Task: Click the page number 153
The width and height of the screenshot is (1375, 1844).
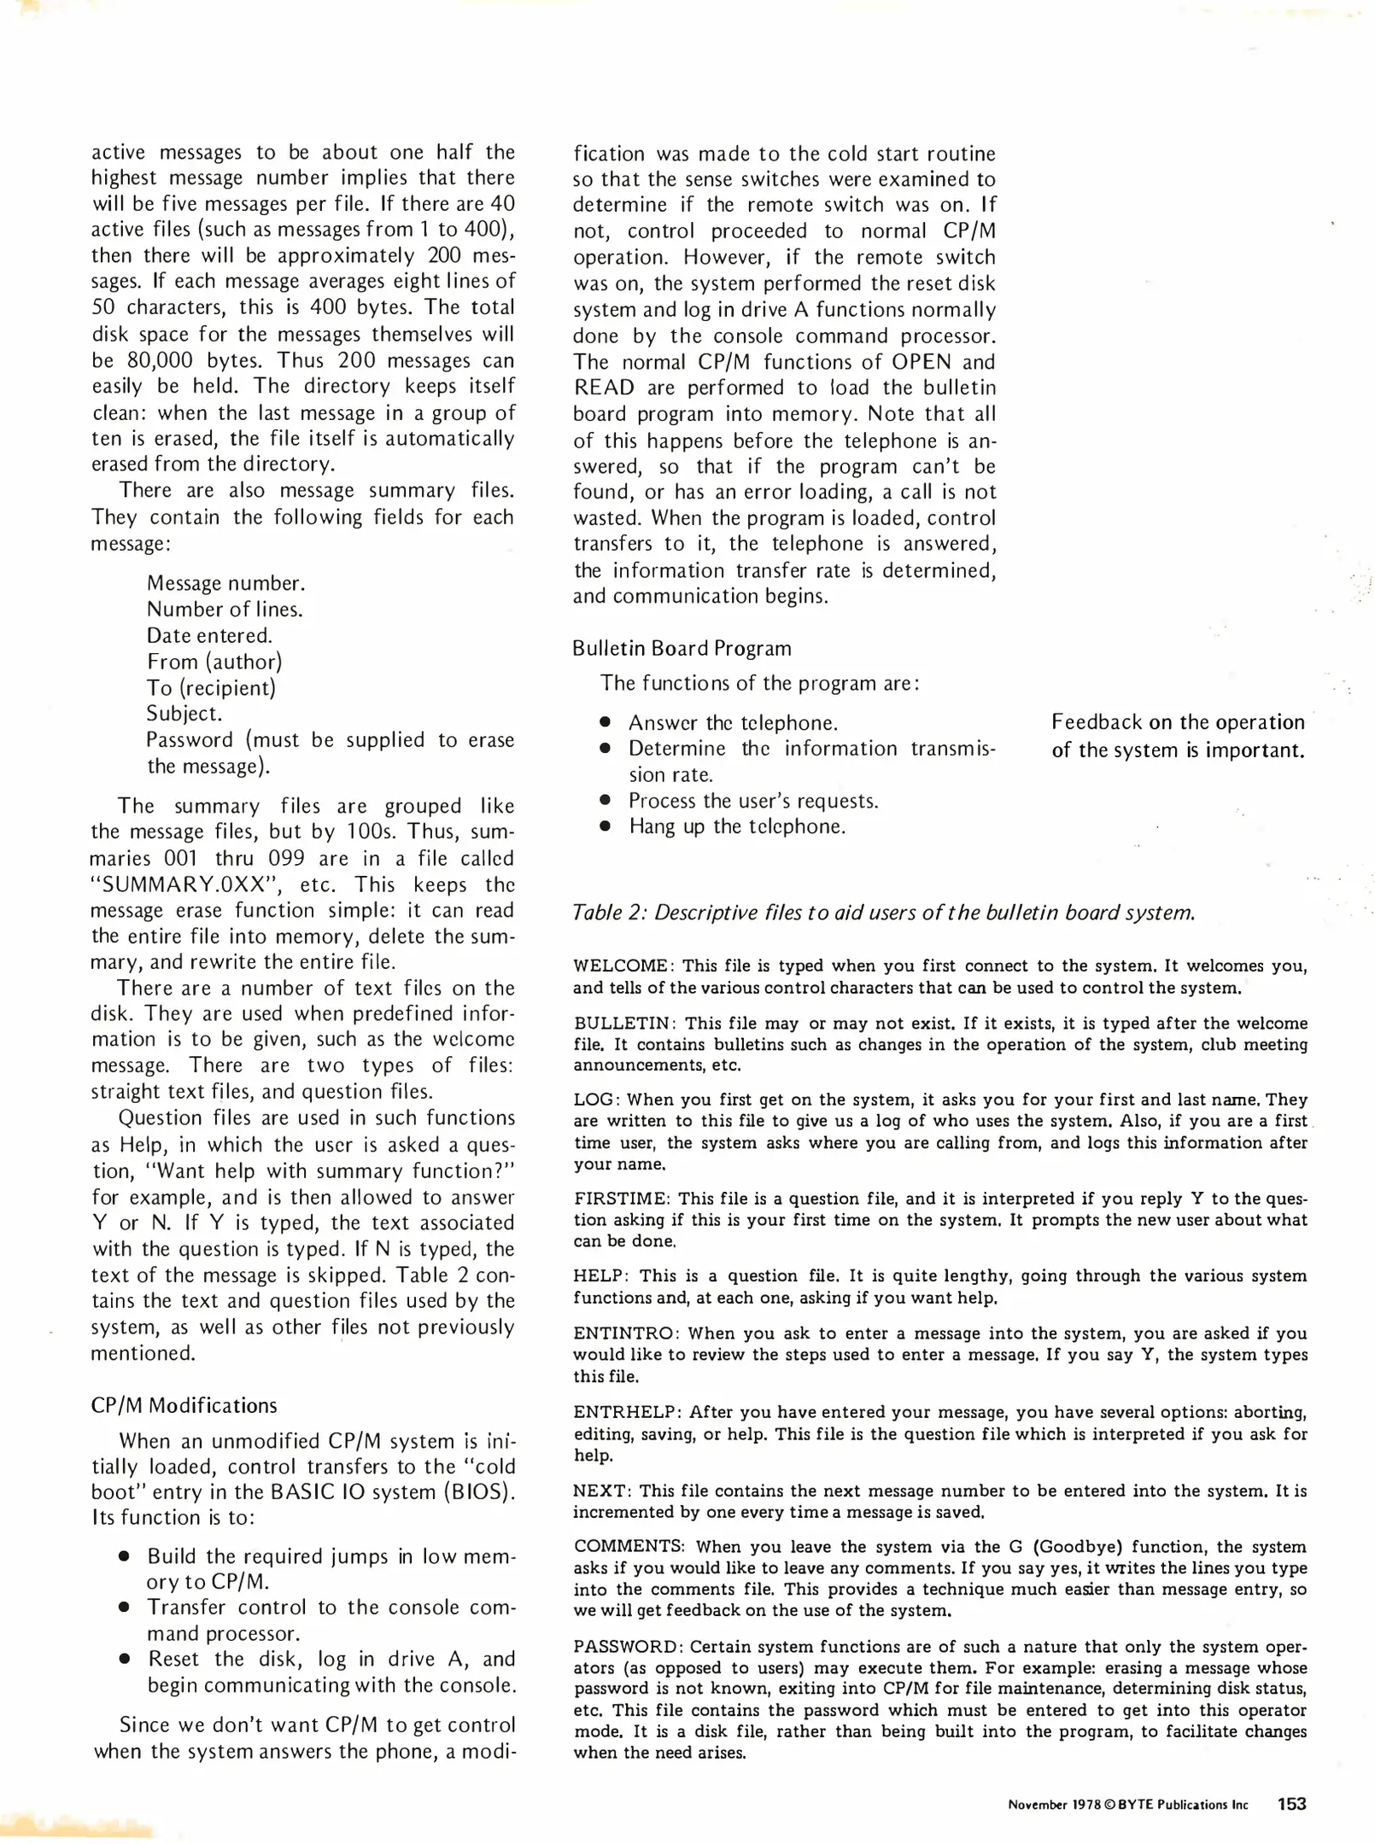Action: point(1291,1804)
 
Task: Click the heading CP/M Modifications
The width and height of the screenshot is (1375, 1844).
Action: point(184,1405)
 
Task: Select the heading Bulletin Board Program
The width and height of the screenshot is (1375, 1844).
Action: point(682,648)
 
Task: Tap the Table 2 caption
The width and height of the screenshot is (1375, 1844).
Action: point(883,913)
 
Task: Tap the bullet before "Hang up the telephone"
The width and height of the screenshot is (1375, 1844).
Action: point(605,826)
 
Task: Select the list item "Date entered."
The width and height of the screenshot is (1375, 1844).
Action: point(209,635)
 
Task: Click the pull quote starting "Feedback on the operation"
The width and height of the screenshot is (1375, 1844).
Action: point(1178,736)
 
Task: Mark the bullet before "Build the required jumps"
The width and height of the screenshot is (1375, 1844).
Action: point(124,1555)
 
